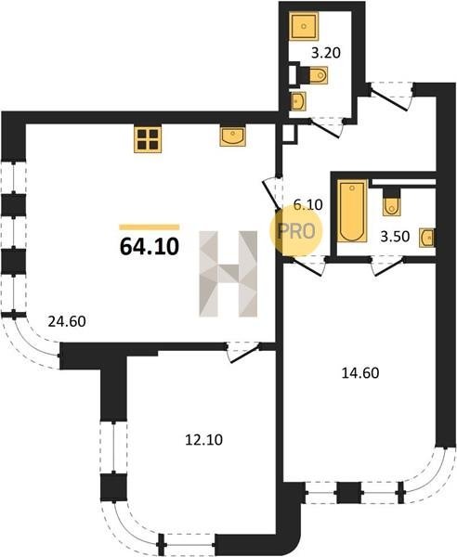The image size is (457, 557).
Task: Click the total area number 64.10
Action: click(150, 246)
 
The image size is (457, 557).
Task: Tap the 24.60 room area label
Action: click(67, 321)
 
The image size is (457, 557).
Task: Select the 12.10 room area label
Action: click(203, 440)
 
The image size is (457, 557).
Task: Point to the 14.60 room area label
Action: click(360, 373)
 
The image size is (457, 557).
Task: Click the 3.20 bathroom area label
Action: click(326, 53)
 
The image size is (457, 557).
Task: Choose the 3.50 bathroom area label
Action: click(395, 236)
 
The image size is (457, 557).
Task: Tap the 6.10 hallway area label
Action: click(307, 204)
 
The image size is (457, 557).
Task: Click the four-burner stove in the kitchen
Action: click(148, 139)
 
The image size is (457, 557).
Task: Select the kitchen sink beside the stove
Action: click(233, 136)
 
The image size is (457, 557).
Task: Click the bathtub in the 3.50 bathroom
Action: click(352, 211)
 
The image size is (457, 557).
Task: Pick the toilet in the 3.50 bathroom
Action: click(392, 201)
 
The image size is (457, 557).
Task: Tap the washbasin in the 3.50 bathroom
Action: click(427, 238)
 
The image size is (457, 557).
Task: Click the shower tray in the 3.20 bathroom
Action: click(304, 26)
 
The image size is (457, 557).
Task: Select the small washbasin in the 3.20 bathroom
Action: click(298, 101)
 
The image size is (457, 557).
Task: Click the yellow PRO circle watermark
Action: click(295, 231)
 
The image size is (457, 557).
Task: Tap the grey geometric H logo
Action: click(228, 274)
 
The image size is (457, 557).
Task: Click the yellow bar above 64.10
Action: click(150, 227)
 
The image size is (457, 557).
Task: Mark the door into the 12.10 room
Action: click(243, 353)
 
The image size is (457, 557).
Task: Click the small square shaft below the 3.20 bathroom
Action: click(289, 134)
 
